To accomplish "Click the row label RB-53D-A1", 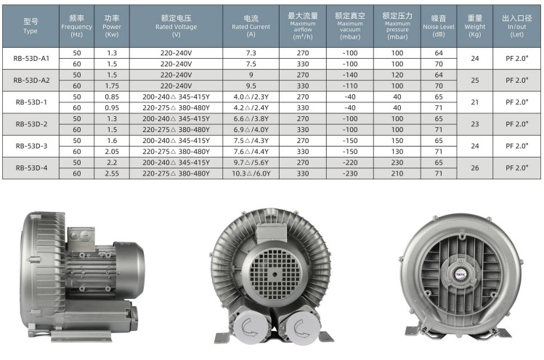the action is pos(31,58).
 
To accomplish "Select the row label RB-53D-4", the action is pos(31,168).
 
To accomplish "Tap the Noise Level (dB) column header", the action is pos(439,26).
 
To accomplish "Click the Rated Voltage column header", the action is pos(176,26).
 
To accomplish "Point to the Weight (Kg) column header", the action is pos(474,26).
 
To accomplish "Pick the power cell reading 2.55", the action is pos(112,173).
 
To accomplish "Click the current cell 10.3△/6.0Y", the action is pos(251,173).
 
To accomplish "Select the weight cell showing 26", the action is pos(474,168).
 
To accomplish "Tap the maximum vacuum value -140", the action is pos(350,75).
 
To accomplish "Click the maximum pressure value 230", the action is pos(397,163).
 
